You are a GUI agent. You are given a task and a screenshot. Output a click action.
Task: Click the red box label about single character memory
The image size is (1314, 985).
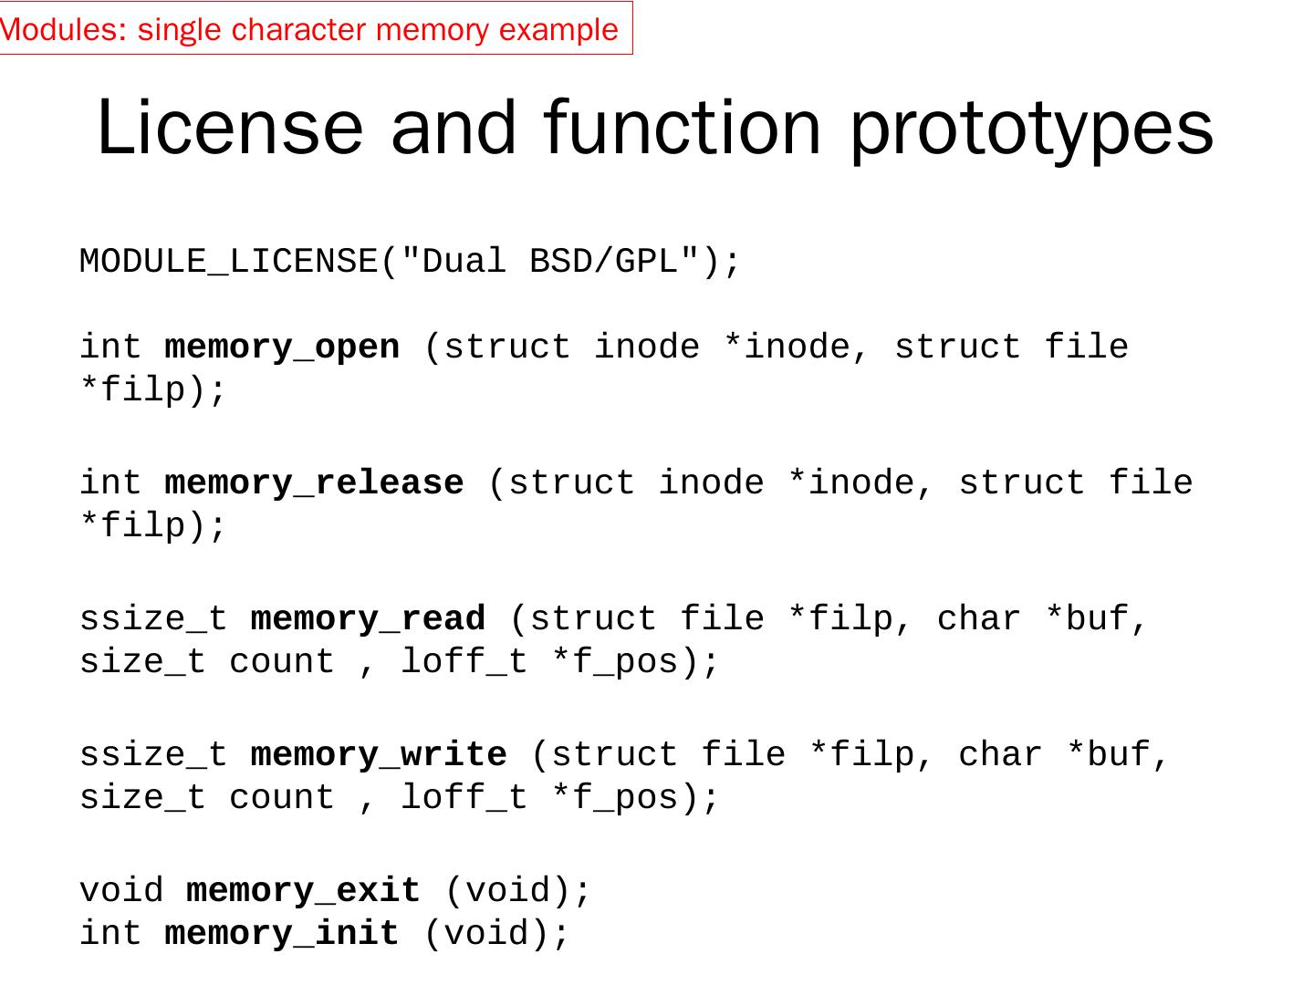coord(310,29)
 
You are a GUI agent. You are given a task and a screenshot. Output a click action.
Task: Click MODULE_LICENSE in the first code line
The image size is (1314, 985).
coord(228,262)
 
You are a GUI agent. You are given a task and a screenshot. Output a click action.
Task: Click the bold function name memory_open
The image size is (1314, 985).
coord(282,347)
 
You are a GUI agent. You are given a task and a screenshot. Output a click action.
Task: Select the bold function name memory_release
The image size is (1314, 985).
coord(314,483)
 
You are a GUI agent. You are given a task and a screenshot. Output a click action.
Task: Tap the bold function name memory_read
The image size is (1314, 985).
coord(368,619)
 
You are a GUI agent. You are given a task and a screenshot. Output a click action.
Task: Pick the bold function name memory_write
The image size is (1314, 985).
coord(378,755)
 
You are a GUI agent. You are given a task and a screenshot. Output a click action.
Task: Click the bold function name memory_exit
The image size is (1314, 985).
coord(303,891)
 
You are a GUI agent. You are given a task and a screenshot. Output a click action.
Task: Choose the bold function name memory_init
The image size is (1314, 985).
coord(282,934)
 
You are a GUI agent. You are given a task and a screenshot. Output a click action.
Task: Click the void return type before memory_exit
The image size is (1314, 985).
coord(121,891)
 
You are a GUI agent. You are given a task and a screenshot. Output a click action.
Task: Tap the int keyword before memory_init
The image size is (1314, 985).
coord(110,934)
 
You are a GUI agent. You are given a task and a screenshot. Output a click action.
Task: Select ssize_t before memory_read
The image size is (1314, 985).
coord(153,619)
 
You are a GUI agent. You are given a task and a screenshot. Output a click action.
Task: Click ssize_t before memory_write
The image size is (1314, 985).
coord(153,755)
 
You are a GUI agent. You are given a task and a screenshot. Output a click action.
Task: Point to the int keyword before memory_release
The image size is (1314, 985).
coord(110,483)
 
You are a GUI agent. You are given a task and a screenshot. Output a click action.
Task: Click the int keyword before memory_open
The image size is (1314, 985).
coord(110,347)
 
